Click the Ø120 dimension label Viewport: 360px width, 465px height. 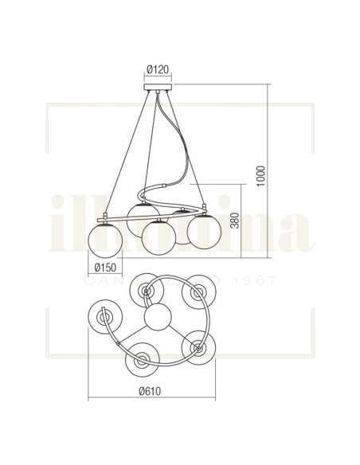pos(158,69)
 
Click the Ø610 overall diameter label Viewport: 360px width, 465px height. pos(151,392)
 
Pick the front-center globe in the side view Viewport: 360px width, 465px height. pos(158,236)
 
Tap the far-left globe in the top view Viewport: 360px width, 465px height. pos(104,319)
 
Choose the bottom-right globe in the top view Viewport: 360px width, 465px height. pos(198,347)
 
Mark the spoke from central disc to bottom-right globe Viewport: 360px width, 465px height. pos(178,334)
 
